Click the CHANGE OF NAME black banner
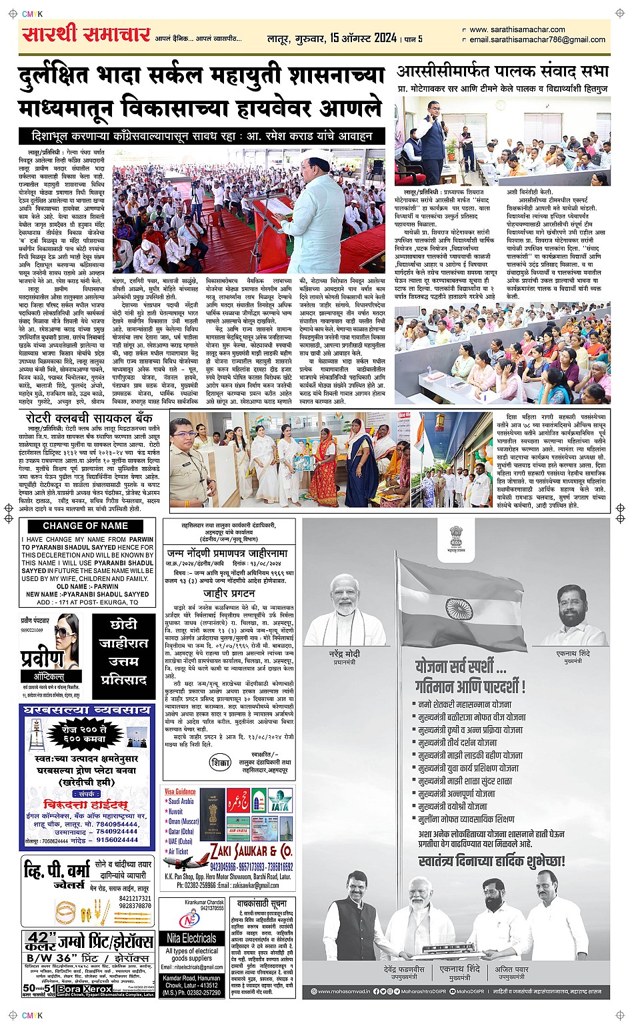pos(85,526)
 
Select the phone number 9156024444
pos(117,840)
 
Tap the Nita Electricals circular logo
pos(190,920)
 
